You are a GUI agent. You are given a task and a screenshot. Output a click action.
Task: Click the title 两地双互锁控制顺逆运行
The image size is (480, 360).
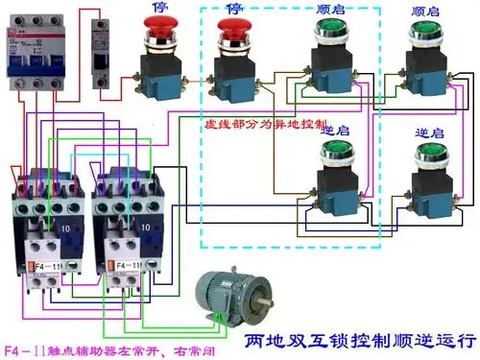[360, 340]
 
